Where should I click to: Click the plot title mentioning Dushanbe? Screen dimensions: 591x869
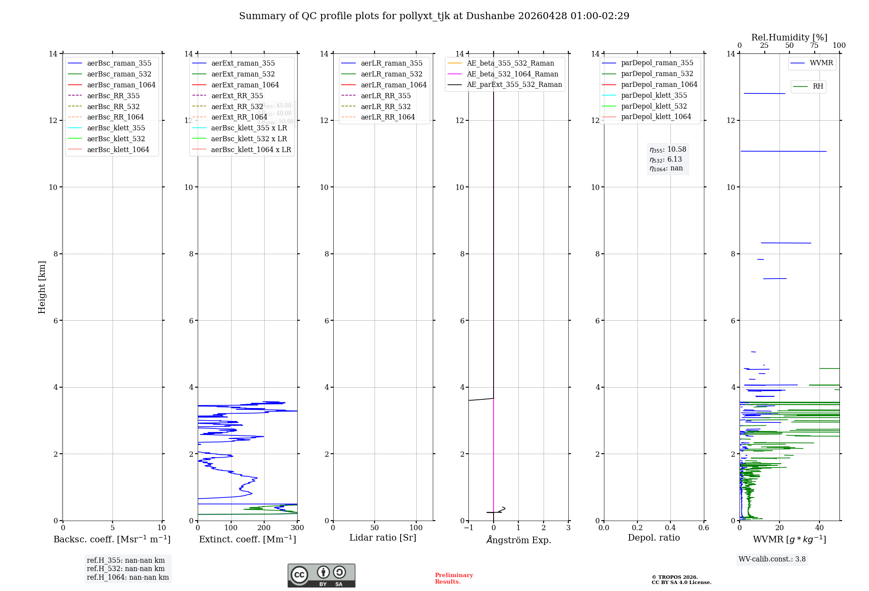pyautogui.click(x=434, y=16)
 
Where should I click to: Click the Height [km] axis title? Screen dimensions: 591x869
pyautogui.click(x=42, y=287)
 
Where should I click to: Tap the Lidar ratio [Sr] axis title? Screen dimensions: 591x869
pyautogui.click(x=383, y=538)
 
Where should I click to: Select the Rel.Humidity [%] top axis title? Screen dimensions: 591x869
pyautogui.click(x=789, y=37)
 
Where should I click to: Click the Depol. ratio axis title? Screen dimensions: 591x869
pyautogui.click(x=653, y=538)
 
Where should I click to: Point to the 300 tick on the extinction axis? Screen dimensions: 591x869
pyautogui.click(x=298, y=528)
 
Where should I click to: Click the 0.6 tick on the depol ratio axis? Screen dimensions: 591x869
pyautogui.click(x=703, y=528)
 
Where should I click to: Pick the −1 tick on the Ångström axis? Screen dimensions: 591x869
pyautogui.click(x=468, y=528)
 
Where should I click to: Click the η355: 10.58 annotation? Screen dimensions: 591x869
pyautogui.click(x=668, y=150)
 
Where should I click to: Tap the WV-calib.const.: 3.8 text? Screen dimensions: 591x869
pyautogui.click(x=772, y=559)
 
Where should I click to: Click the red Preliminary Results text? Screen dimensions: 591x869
pyautogui.click(x=454, y=578)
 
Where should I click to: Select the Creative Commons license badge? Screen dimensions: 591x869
pyautogui.click(x=321, y=576)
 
